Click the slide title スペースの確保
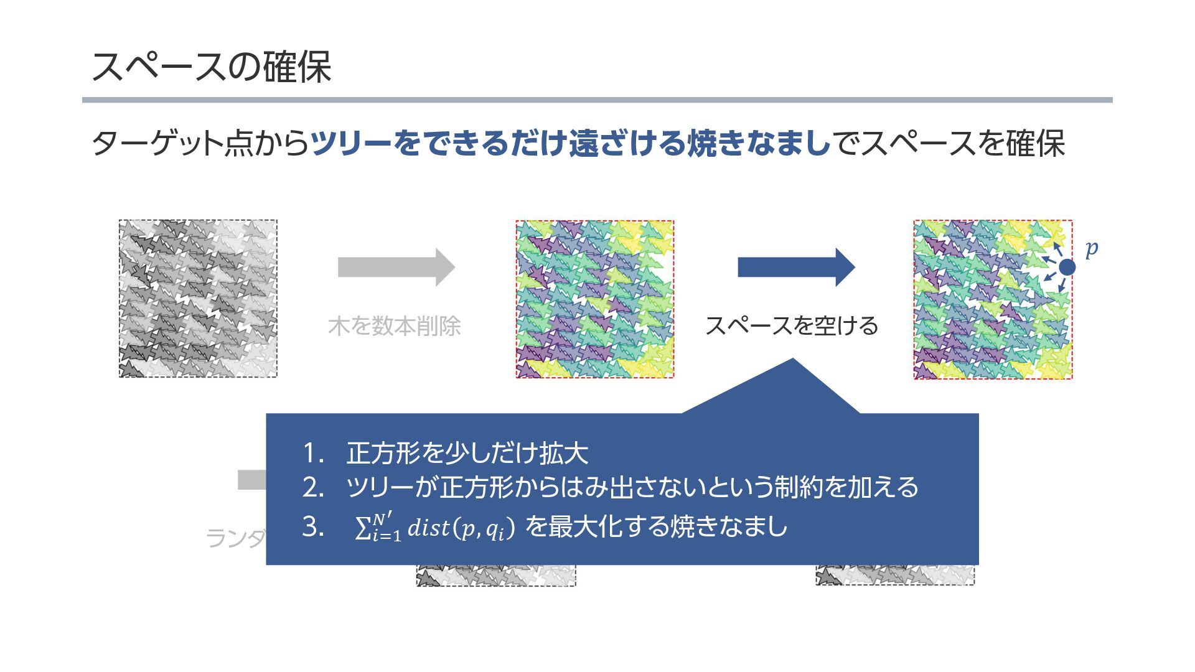click(211, 67)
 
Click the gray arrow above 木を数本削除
click(396, 267)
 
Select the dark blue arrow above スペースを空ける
click(795, 267)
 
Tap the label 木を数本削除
click(394, 326)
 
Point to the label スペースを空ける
click(791, 325)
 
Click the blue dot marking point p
click(1067, 267)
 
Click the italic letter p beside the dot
click(1091, 249)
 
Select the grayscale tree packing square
click(198, 298)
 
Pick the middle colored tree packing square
click(594, 299)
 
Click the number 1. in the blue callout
click(313, 453)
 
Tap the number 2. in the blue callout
click(313, 487)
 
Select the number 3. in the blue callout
click(313, 527)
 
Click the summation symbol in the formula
click(362, 528)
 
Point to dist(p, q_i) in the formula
click(461, 528)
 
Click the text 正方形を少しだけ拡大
click(467, 453)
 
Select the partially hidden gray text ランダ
click(235, 538)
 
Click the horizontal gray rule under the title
click(597, 100)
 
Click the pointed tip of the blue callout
click(792, 360)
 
